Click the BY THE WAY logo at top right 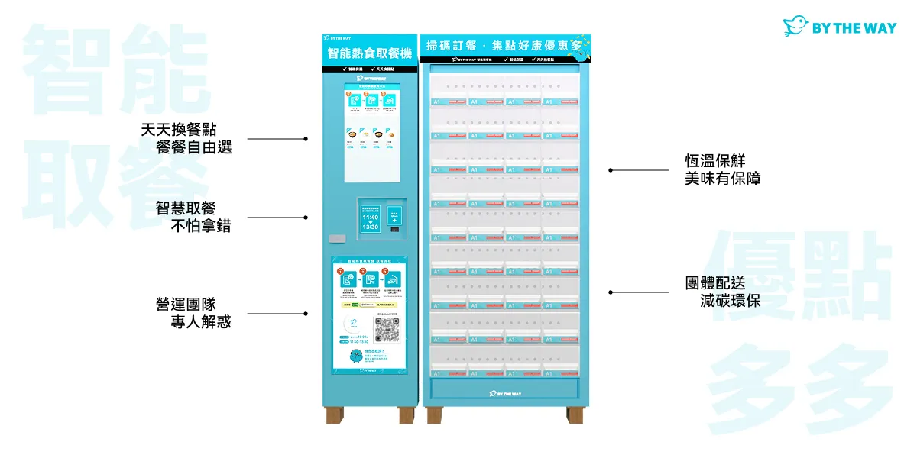click(x=839, y=27)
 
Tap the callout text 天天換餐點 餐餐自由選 click(x=187, y=138)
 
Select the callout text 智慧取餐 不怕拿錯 click(x=193, y=217)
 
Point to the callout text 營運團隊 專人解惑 click(x=193, y=313)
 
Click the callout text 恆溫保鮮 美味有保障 click(x=722, y=169)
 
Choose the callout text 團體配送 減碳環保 click(x=722, y=292)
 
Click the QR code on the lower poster click(x=387, y=329)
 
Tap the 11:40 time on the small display click(x=370, y=218)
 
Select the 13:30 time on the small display click(x=370, y=227)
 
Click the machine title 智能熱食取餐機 click(x=369, y=53)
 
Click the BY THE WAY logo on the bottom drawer click(x=505, y=394)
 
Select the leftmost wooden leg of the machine click(x=334, y=415)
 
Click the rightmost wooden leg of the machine click(x=574, y=415)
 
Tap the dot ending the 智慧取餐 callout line click(x=306, y=218)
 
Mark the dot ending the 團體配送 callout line click(x=610, y=292)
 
